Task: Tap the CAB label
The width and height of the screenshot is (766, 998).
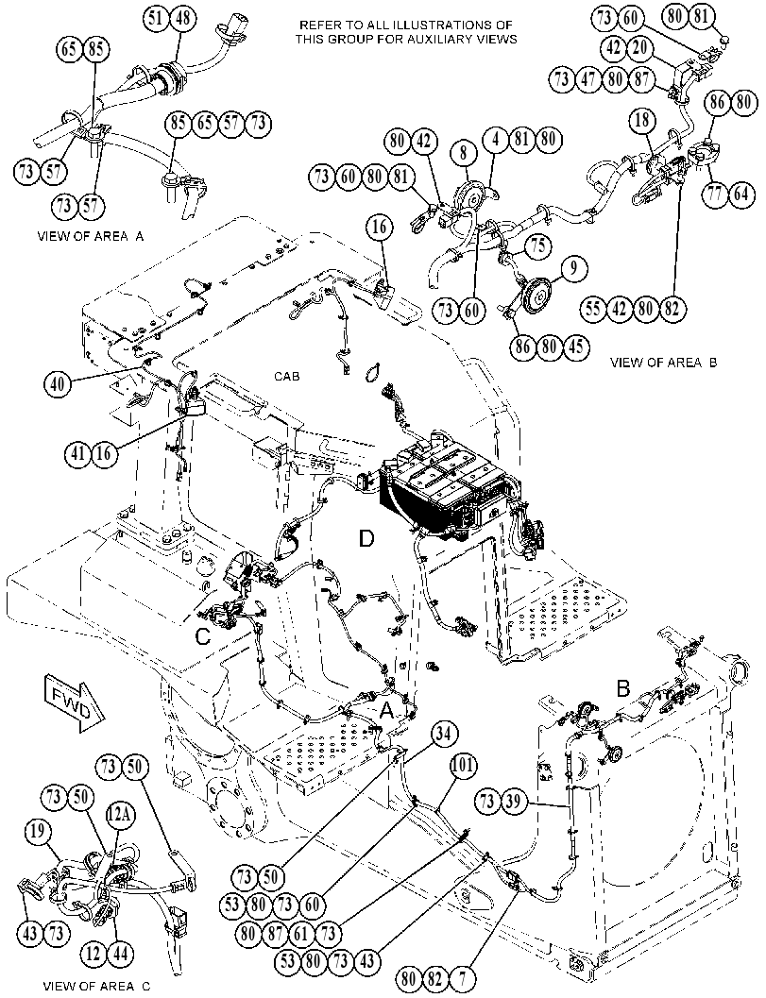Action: point(286,377)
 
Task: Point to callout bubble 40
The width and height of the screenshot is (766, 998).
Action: point(58,383)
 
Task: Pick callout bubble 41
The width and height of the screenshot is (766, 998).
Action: point(78,453)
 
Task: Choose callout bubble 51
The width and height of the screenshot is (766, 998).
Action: point(155,19)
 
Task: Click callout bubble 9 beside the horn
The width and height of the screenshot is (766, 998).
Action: point(573,268)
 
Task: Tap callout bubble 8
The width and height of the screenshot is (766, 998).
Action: point(464,153)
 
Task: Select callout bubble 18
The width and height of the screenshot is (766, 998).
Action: point(642,120)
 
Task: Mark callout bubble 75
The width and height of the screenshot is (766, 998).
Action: point(538,245)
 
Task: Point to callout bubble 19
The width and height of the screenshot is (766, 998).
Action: point(39,830)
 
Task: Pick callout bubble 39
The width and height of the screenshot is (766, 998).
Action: point(513,802)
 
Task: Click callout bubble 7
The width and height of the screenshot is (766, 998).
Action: point(463,977)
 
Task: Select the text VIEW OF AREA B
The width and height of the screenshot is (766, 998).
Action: point(663,363)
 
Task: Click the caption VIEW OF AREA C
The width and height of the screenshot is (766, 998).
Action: point(96,987)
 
